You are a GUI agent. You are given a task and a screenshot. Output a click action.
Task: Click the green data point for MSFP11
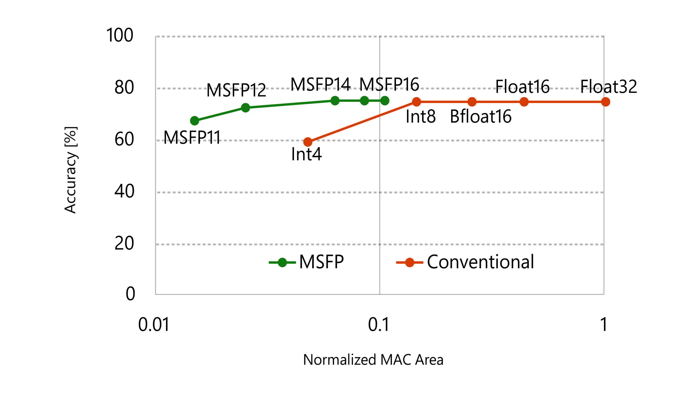point(194,121)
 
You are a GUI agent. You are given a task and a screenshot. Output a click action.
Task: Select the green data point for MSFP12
point(246,108)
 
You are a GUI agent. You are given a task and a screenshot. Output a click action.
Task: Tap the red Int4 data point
point(308,142)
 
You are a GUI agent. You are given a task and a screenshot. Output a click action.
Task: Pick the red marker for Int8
point(416,102)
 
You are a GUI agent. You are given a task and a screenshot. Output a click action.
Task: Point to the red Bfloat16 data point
point(472,102)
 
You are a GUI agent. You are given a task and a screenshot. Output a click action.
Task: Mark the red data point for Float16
point(524,102)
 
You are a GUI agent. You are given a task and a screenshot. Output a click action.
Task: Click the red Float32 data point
point(606,102)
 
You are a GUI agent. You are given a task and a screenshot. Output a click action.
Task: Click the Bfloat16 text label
point(480,116)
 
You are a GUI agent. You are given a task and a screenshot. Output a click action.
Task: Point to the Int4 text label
point(306,154)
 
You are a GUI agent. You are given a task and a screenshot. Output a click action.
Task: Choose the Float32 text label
point(608,87)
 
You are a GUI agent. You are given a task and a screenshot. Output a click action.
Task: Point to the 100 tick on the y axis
point(119,35)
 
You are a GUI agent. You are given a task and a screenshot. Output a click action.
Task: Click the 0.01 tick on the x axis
point(154,325)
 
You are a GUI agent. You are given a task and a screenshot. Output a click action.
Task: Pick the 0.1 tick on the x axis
point(378,325)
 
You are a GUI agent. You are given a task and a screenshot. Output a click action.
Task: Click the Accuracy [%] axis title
point(70,170)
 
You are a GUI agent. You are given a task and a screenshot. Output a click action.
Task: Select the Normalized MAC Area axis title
point(373,360)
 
